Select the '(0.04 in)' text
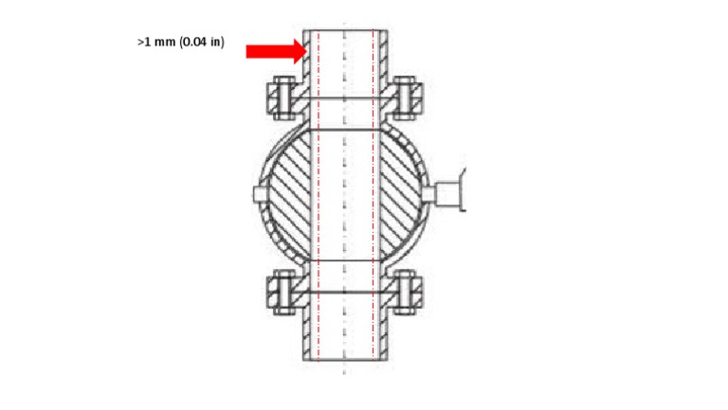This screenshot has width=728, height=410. pyautogui.click(x=202, y=43)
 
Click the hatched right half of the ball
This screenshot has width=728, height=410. pyautogui.click(x=402, y=194)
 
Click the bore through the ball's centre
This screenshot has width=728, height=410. pyautogui.click(x=344, y=194)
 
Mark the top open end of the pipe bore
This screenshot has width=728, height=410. pyautogui.click(x=344, y=30)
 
